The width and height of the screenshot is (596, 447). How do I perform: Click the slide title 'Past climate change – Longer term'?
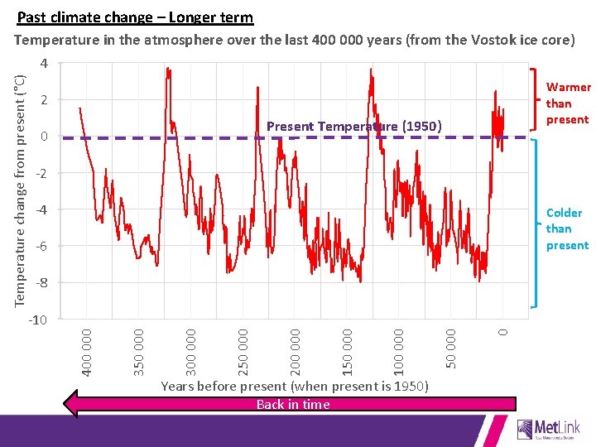[135, 17]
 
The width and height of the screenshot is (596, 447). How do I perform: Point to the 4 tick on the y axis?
[45, 64]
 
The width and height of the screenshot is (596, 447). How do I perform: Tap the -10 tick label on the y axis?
[39, 320]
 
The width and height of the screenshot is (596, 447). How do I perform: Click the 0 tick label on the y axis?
[45, 137]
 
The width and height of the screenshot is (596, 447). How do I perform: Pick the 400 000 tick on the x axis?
[87, 349]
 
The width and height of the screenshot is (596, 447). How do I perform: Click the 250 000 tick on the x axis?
[243, 349]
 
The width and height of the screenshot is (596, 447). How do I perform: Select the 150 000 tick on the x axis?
[347, 349]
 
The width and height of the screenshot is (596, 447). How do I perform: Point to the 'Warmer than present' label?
[568, 103]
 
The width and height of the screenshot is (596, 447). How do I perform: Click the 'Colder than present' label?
[567, 229]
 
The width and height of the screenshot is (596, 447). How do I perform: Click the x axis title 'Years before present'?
[294, 387]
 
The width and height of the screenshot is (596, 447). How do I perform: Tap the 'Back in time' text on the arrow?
[293, 404]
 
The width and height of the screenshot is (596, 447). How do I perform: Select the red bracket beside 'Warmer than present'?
[530, 100]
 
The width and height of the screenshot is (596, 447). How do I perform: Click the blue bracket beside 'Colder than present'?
[530, 226]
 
